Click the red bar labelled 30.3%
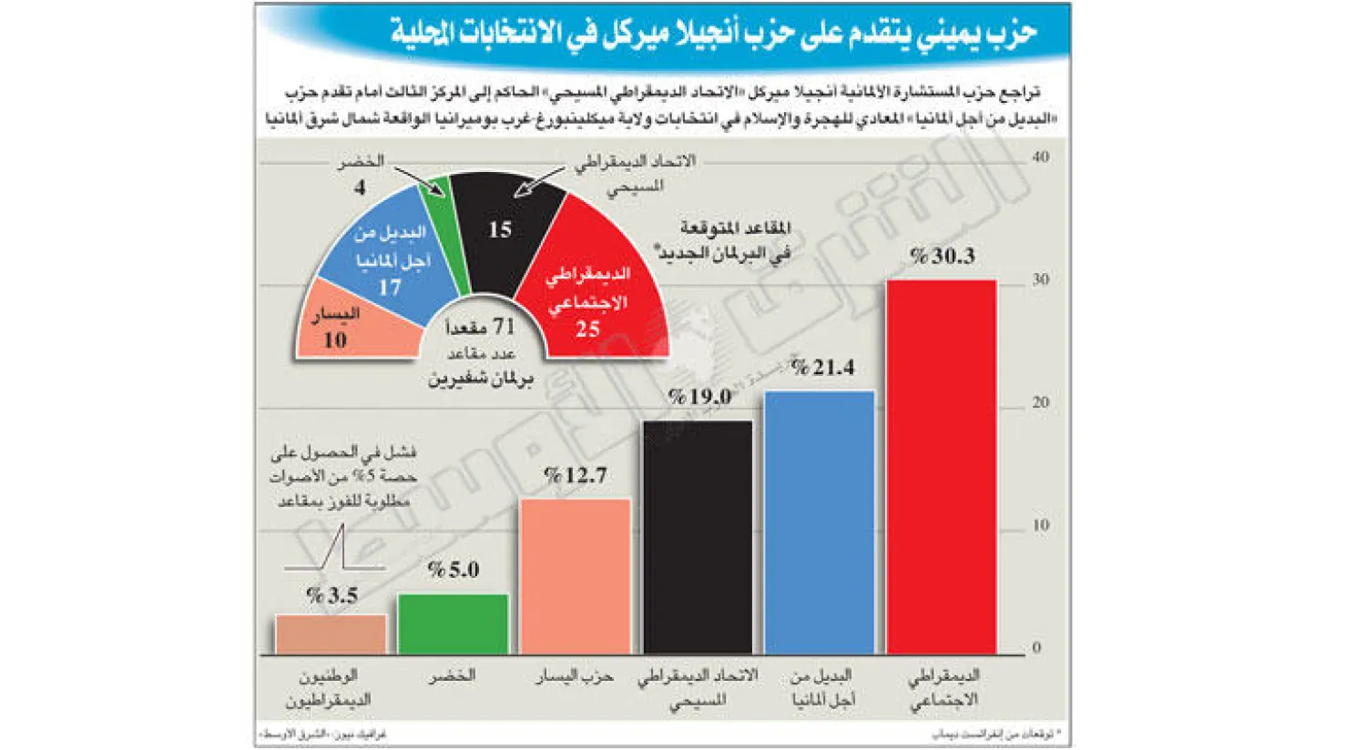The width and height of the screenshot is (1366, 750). pyautogui.click(x=941, y=466)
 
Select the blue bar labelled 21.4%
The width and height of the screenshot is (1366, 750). pyautogui.click(x=820, y=522)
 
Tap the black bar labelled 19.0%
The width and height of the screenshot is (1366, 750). pyautogui.click(x=698, y=537)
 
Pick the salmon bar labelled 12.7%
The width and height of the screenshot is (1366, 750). pyautogui.click(x=575, y=575)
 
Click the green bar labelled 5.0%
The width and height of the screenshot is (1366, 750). pyautogui.click(x=453, y=623)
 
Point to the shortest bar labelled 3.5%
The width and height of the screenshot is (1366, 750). pyautogui.click(x=331, y=634)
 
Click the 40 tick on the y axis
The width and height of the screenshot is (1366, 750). pyautogui.click(x=1040, y=157)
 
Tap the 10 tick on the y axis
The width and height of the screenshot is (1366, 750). pyautogui.click(x=1040, y=525)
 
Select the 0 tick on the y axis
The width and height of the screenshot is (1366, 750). pyautogui.click(x=1036, y=648)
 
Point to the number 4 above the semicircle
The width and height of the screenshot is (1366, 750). pyautogui.click(x=360, y=187)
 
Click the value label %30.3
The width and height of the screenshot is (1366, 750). pyautogui.click(x=942, y=257)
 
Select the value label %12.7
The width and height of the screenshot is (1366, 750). pyautogui.click(x=575, y=475)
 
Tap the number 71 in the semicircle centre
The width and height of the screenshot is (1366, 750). pyautogui.click(x=503, y=326)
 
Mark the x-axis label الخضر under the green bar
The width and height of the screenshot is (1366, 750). pyautogui.click(x=453, y=676)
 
